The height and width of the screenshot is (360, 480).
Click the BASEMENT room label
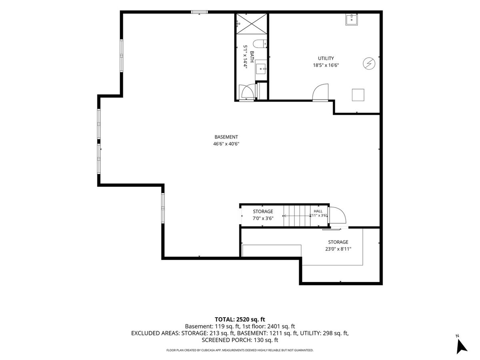point(226,137)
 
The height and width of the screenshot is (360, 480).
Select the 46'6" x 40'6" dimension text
point(226,144)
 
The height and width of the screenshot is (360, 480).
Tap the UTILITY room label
point(326,58)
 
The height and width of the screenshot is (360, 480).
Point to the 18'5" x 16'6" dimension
point(326,65)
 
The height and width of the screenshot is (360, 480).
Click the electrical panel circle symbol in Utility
point(369,64)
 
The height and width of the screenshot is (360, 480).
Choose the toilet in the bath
point(260,44)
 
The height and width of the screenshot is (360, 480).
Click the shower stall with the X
point(252,24)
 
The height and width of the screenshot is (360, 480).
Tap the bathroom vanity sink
point(261,69)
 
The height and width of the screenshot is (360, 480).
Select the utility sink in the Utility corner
point(352,20)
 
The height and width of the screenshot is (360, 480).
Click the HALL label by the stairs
point(318,211)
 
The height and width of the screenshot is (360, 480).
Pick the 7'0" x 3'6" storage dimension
point(263,218)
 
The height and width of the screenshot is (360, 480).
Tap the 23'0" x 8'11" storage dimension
point(338,249)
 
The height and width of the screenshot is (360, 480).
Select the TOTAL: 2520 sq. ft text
point(240,319)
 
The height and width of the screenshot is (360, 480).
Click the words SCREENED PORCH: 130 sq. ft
point(240,340)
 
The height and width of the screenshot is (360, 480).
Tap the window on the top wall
point(199,12)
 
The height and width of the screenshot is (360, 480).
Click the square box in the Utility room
point(358,95)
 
